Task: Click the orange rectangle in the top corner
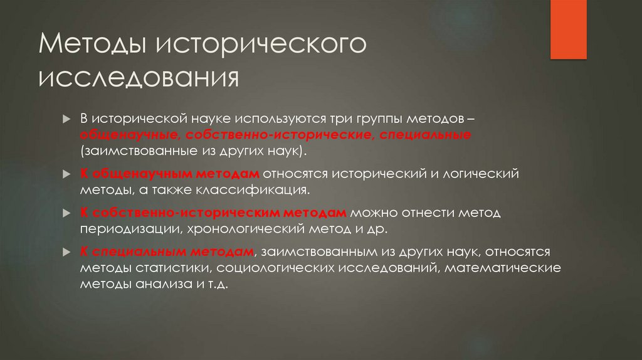tap(569, 29)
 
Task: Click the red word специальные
tap(424, 135)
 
